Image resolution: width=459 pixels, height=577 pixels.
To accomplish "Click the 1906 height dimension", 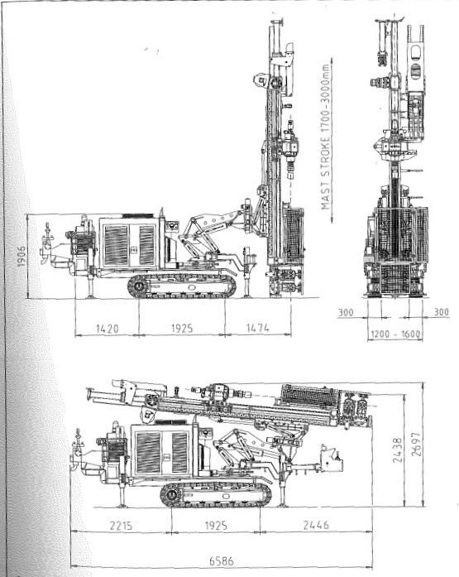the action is (x=22, y=256).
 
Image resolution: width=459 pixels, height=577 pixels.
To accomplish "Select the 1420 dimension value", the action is (x=108, y=329).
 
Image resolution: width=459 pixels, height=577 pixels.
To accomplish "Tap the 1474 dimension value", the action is (x=257, y=328).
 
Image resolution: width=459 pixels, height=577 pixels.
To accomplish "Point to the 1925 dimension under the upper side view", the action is (x=182, y=329).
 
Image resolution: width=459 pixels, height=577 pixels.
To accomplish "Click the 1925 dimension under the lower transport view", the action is (x=216, y=525).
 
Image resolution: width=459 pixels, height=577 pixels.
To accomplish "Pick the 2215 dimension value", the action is (x=121, y=525).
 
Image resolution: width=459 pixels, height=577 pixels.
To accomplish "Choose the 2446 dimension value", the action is (x=316, y=525).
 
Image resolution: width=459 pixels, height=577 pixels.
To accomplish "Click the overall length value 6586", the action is (x=222, y=561).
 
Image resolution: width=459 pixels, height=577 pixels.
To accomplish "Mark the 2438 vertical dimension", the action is (x=397, y=450).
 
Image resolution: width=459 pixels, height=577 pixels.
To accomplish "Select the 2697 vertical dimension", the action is (x=416, y=445).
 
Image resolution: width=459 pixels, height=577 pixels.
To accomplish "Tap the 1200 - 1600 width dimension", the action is (x=395, y=334).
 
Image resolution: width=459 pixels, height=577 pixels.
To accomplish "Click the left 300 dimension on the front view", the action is (x=346, y=312).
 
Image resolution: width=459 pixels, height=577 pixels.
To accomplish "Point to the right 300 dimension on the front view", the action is (x=441, y=312).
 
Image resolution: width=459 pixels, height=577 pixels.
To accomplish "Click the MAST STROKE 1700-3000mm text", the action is (x=326, y=137).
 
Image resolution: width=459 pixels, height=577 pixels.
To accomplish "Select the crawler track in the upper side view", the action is (x=182, y=286).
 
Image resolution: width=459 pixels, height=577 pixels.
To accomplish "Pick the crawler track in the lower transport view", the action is (x=216, y=493).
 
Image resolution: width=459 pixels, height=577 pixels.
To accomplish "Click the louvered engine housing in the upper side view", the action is (x=129, y=243).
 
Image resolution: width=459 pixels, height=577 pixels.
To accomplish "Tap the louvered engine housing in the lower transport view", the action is (x=162, y=451).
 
